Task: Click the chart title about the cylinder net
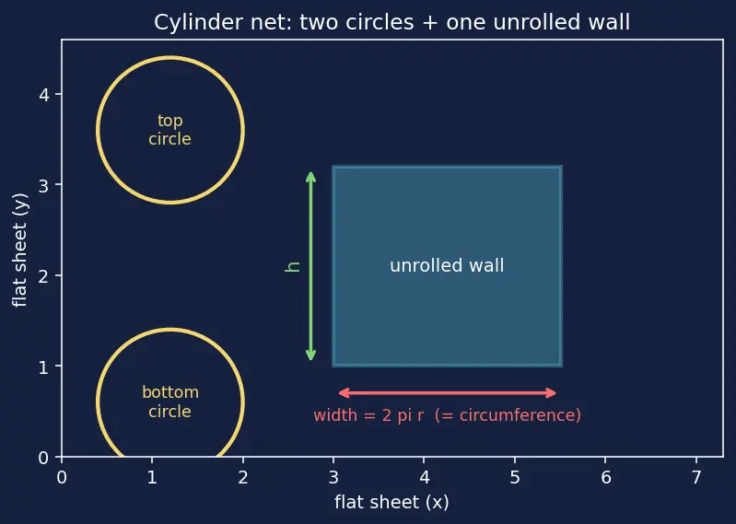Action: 391,22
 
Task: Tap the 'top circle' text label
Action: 169,130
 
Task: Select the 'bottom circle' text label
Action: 170,402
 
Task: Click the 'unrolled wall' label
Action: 447,265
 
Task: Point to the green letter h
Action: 292,266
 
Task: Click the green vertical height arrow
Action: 310,266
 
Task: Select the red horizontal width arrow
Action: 448,393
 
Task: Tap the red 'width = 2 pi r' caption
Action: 448,415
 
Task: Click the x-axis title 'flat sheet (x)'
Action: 391,503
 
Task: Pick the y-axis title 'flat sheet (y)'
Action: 20,250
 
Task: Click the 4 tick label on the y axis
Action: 43,95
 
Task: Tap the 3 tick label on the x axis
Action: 333,478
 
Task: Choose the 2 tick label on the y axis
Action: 43,276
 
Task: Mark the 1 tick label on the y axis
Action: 43,367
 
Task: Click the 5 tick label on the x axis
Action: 515,478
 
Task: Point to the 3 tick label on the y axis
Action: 43,185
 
